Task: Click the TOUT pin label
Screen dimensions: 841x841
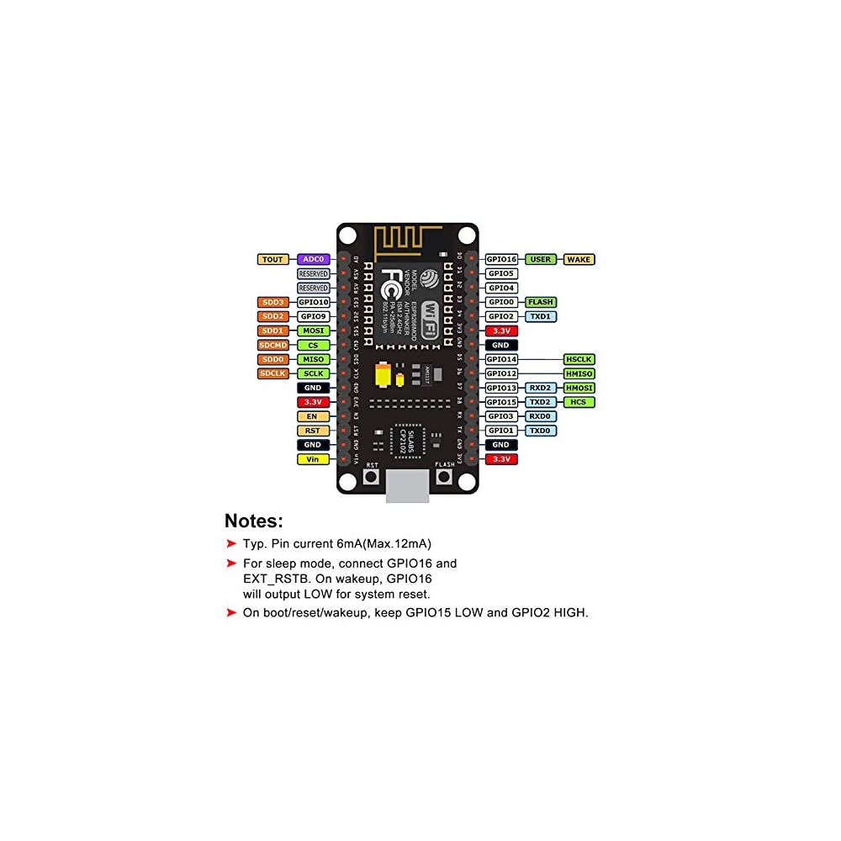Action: (272, 260)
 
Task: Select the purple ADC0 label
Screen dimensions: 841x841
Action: (313, 260)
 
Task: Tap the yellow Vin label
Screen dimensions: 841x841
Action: (313, 459)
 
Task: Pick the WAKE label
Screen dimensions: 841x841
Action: (579, 260)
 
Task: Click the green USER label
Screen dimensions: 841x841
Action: (541, 260)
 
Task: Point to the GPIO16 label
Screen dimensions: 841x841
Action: (502, 260)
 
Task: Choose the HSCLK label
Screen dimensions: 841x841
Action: (579, 359)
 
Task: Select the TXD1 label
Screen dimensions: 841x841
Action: (541, 316)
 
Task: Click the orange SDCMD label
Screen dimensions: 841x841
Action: (272, 345)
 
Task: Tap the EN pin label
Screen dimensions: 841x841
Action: (313, 416)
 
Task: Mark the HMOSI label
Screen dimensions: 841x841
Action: (579, 388)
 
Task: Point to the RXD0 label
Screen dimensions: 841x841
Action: (541, 416)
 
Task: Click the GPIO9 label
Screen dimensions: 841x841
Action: (313, 316)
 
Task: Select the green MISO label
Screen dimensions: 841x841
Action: (313, 359)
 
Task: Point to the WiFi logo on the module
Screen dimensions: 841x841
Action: (429, 315)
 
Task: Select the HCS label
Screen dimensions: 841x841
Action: (579, 402)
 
